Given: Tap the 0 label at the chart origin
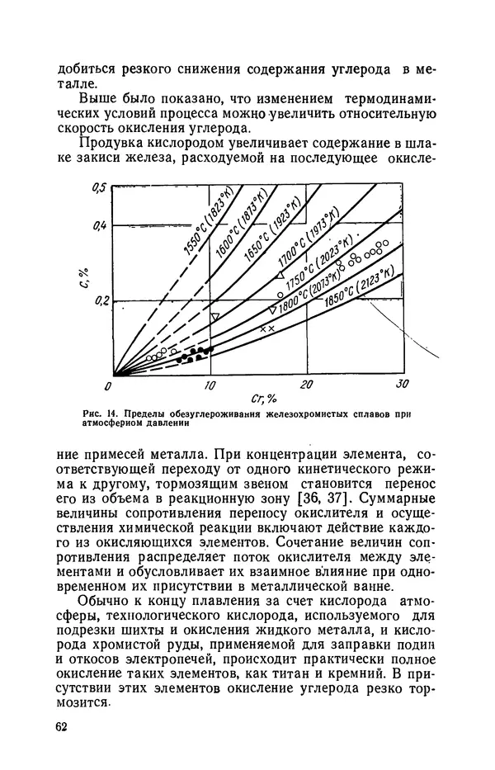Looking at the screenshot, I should pos(107,385).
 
